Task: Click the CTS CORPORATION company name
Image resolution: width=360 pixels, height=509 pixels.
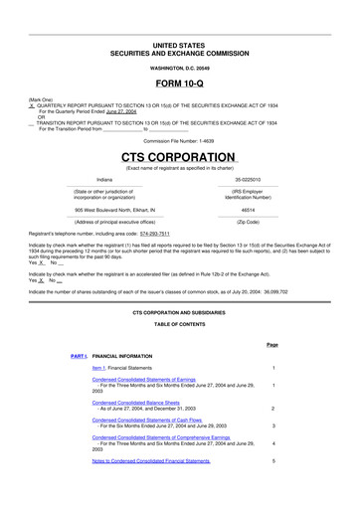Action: [x=179, y=158]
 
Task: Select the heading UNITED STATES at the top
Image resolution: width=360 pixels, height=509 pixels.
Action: [x=179, y=46]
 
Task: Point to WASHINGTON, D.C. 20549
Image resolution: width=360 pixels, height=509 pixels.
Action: [x=179, y=68]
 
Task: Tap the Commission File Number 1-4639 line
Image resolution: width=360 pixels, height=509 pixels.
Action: [x=179, y=141]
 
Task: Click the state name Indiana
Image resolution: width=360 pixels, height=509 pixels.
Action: [x=104, y=180]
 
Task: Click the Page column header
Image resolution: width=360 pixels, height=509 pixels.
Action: [x=272, y=344]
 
